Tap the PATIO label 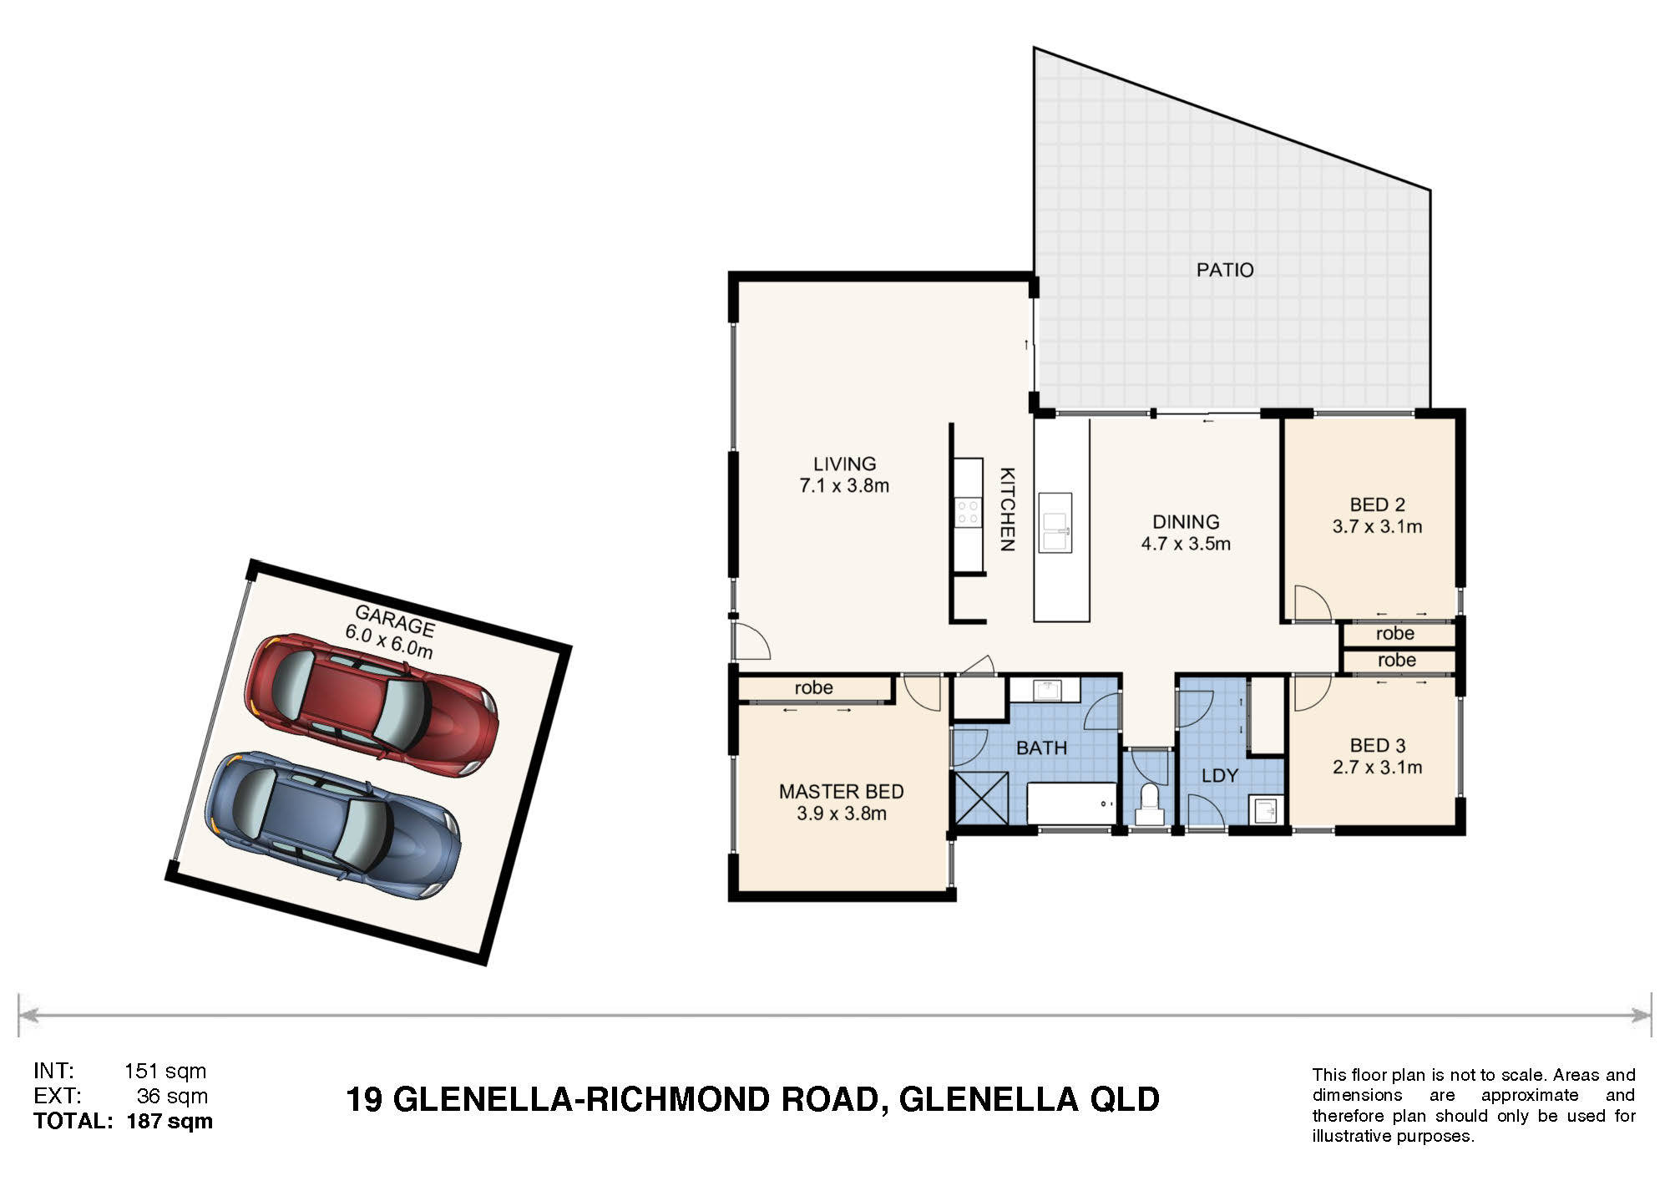pyautogui.click(x=1225, y=270)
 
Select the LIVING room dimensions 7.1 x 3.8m pyautogui.click(x=844, y=485)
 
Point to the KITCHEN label pyautogui.click(x=1008, y=509)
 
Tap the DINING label pyautogui.click(x=1186, y=522)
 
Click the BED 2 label pyautogui.click(x=1377, y=504)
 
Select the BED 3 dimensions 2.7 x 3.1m pyautogui.click(x=1377, y=767)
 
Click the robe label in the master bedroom pyautogui.click(x=814, y=687)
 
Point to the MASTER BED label pyautogui.click(x=842, y=791)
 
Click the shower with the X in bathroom pyautogui.click(x=981, y=799)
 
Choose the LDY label pyautogui.click(x=1219, y=776)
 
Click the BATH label pyautogui.click(x=1041, y=748)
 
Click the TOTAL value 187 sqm pyautogui.click(x=170, y=1121)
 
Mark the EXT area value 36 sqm pyautogui.click(x=172, y=1096)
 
